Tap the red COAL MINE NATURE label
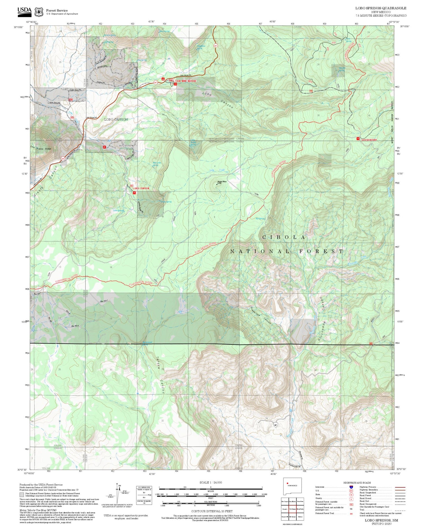(x=185, y=81)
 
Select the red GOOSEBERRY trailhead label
(x=369, y=140)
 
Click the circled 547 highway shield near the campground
(x=155, y=82)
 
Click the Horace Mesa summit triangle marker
(x=217, y=184)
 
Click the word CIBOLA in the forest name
(x=284, y=237)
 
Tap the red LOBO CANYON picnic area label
(x=141, y=188)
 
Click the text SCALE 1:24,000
(x=211, y=483)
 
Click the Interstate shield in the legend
(x=351, y=487)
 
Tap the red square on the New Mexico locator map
(x=287, y=483)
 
